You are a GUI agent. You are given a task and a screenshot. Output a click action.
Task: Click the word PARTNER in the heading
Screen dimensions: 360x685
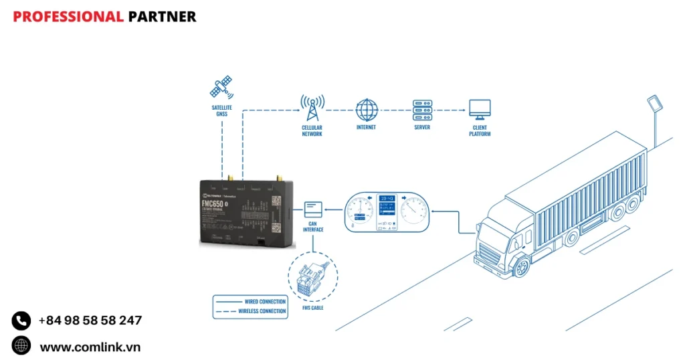[x=162, y=17]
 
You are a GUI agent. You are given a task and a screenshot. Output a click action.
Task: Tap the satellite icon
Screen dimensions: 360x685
[x=221, y=87]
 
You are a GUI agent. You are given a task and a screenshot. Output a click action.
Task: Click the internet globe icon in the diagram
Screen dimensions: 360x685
[x=366, y=109]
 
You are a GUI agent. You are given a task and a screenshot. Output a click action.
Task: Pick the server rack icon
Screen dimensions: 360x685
[x=422, y=109]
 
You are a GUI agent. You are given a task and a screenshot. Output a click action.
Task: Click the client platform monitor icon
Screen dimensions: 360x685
[x=479, y=109]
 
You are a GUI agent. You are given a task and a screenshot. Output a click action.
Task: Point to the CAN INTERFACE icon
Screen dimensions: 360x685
[x=313, y=211]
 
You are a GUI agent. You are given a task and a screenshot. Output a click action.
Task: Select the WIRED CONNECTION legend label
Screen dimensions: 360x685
[x=264, y=302]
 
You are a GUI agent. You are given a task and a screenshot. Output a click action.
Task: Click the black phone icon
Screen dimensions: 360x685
[x=21, y=321]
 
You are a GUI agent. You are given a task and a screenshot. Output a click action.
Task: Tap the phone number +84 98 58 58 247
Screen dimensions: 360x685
[x=90, y=321]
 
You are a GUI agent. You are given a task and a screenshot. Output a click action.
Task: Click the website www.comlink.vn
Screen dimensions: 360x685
[x=90, y=347]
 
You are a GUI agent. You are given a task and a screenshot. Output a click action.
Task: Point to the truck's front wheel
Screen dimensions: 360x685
[x=520, y=266]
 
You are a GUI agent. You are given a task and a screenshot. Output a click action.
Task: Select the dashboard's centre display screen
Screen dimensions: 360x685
[x=387, y=208]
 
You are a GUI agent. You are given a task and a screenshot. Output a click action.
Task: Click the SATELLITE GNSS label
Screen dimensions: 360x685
[x=221, y=110]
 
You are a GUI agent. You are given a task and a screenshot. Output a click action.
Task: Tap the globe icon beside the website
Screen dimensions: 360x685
[x=21, y=346]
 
